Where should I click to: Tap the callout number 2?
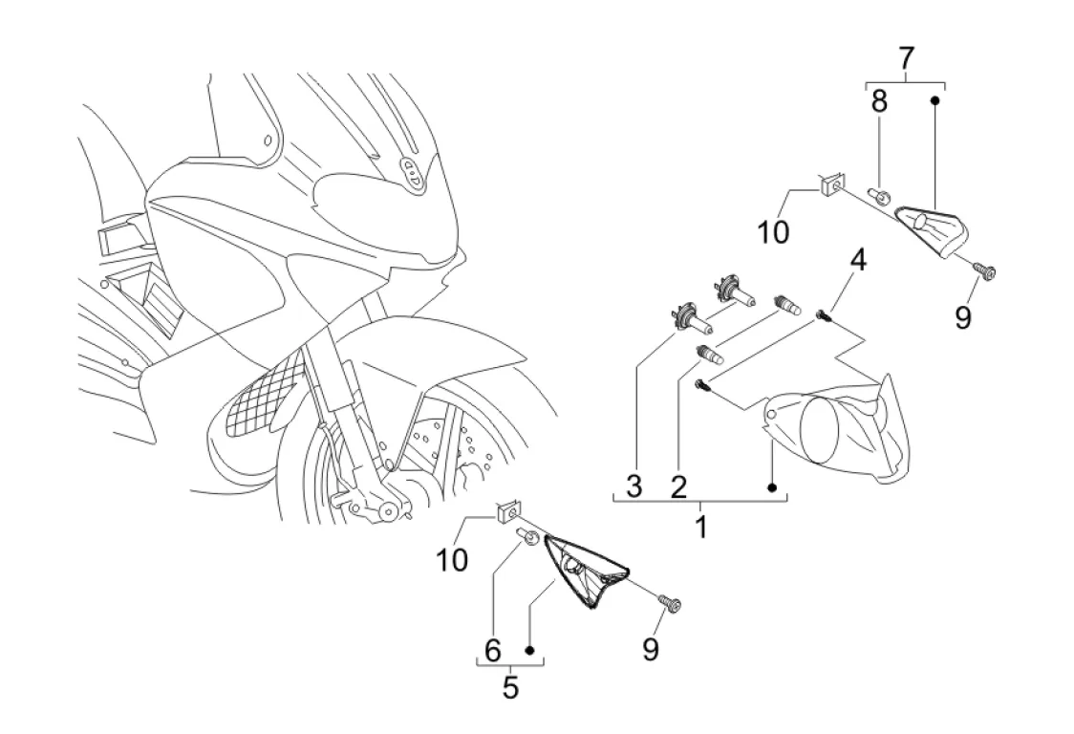pos(677,487)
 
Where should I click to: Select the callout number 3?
pos(634,487)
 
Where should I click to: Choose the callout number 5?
pos(510,687)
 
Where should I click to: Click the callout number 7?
pos(905,59)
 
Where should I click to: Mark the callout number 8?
pos(879,101)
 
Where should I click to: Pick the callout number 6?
pos(493,652)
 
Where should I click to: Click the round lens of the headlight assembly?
pos(819,428)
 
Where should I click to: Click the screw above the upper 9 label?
pos(984,272)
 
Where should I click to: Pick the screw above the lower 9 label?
pos(671,602)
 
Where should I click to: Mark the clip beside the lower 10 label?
pos(506,513)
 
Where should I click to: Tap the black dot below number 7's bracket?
pos(936,99)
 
